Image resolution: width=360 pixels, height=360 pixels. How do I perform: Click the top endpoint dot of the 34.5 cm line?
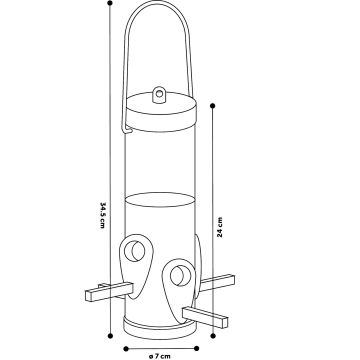point(109,4)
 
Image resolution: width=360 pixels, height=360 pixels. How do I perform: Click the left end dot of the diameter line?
point(125,347)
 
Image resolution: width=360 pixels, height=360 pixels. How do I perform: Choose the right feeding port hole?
point(181,271)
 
